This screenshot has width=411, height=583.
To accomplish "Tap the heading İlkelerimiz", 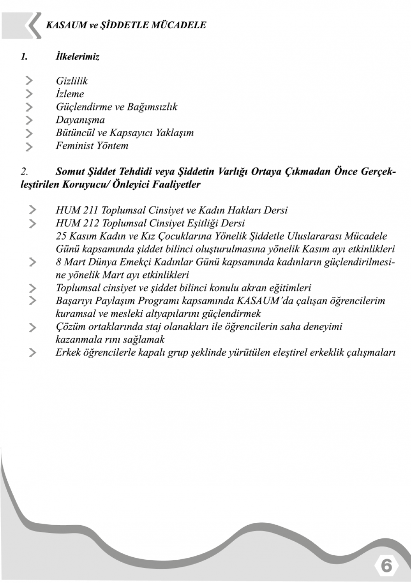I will pos(77,57).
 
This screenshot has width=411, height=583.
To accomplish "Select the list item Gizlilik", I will pos(71,81).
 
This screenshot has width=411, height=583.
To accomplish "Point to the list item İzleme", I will pos(70,94).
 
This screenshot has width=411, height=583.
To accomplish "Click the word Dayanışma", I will pos(80,120).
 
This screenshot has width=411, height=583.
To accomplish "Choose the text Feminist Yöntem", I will pos(92,146).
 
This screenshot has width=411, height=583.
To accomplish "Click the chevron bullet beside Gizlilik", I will pos(29,81).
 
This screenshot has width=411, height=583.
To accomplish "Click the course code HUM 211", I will pos(77,210).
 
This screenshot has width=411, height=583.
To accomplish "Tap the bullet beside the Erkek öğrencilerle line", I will pos(32,353).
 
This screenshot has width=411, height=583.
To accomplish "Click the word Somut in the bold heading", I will pos(70,172).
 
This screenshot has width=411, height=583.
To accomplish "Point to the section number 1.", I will pos(24,57).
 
